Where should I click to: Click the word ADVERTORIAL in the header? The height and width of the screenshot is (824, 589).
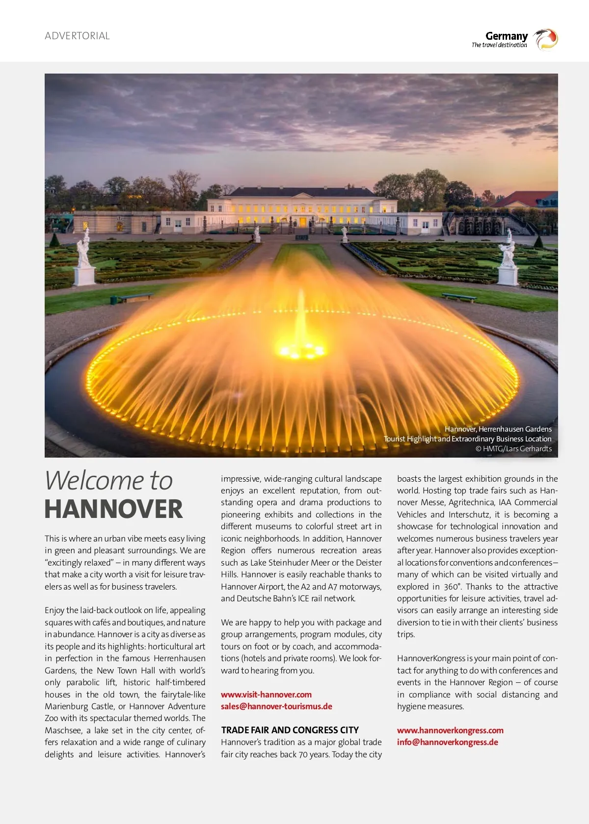pos(77,36)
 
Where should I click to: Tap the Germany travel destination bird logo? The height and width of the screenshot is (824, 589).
pos(545,39)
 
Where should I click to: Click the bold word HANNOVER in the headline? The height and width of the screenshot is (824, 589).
pos(113,509)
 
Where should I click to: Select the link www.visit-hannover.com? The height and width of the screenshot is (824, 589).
pos(266,695)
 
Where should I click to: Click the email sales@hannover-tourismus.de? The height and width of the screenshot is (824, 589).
pos(276,706)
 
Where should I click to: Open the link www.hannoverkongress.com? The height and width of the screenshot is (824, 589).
pos(450,730)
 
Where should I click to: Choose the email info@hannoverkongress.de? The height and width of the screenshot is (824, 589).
pos(447,742)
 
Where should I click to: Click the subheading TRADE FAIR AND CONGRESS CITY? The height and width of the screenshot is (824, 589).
pos(290,730)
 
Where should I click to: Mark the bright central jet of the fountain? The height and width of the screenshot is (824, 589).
pos(300,324)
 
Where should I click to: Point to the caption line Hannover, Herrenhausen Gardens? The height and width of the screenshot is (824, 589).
pos(498,429)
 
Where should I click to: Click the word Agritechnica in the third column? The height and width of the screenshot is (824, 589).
pos(471,502)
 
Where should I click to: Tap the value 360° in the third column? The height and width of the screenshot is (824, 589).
pos(453,587)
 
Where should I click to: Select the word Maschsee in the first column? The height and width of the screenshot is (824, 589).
pos(63,730)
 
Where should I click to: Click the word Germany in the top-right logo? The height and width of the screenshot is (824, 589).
pos(506,36)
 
